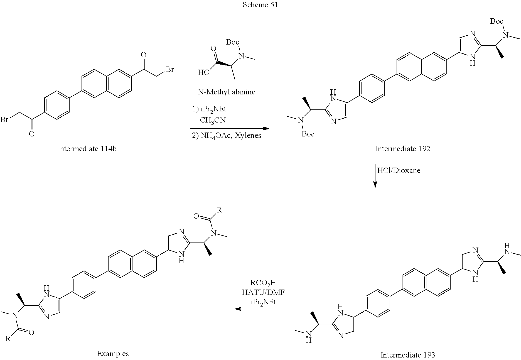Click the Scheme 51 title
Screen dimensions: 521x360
pyautogui.click(x=260, y=5)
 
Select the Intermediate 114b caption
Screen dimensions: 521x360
pyautogui.click(x=87, y=149)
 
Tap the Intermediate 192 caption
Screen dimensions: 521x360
pyautogui.click(x=403, y=149)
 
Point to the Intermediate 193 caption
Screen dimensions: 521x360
pyautogui.click(x=407, y=355)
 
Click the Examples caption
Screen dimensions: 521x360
pyautogui.click(x=113, y=354)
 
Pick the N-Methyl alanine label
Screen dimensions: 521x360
pyautogui.click(x=227, y=92)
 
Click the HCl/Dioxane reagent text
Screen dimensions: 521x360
pyautogui.click(x=399, y=170)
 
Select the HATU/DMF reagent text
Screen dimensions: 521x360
pyautogui.click(x=263, y=292)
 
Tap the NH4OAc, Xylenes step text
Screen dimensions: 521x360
pyautogui.click(x=227, y=136)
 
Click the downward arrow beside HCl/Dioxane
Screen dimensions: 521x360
pyautogui.click(x=375, y=175)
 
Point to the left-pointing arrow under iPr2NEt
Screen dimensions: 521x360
pyautogui.click(x=261, y=309)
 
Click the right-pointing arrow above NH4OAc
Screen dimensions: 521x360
pyautogui.click(x=230, y=128)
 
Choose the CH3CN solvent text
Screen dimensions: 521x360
pyautogui.click(x=213, y=120)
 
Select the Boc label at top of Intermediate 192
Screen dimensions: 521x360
pyautogui.click(x=497, y=21)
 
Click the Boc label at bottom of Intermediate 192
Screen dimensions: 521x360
pyautogui.click(x=308, y=134)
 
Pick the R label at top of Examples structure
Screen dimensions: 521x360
pyautogui.click(x=219, y=210)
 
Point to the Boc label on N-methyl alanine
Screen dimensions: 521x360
pyautogui.click(x=232, y=42)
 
